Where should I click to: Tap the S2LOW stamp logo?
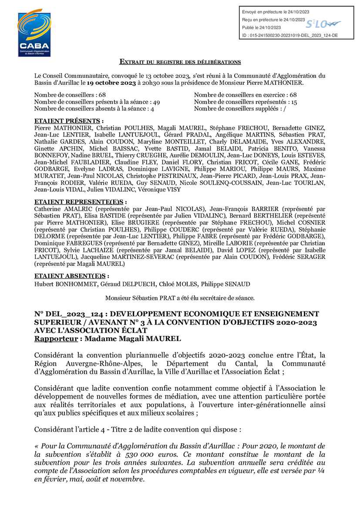click(323, 23)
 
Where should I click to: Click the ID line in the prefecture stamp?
click(289, 35)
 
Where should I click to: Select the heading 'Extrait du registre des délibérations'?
click(180, 63)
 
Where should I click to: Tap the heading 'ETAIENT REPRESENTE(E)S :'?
click(81, 202)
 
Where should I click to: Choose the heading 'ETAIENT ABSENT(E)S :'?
click(71, 276)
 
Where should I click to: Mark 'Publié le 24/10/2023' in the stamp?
click(261, 28)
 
